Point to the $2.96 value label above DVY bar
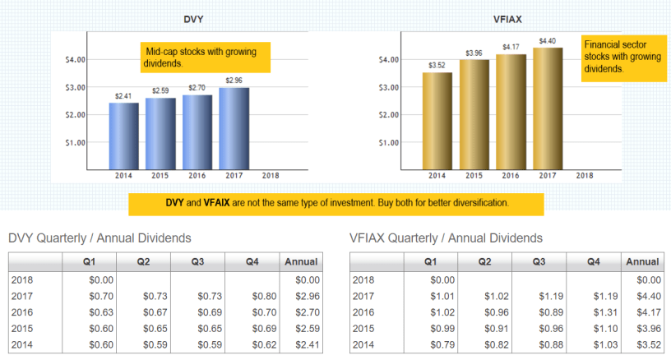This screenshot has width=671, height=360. pyautogui.click(x=234, y=81)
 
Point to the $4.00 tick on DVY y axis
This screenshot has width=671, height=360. pyautogui.click(x=75, y=60)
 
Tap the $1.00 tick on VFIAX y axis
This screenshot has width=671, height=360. pyautogui.click(x=389, y=142)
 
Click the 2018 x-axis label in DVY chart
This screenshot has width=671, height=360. pyautogui.click(x=270, y=175)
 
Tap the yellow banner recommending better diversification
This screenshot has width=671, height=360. pyautogui.click(x=336, y=203)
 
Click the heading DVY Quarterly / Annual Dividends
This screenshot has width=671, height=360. pyautogui.click(x=99, y=238)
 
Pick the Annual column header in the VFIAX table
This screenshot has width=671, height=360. pyautogui.click(x=642, y=262)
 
